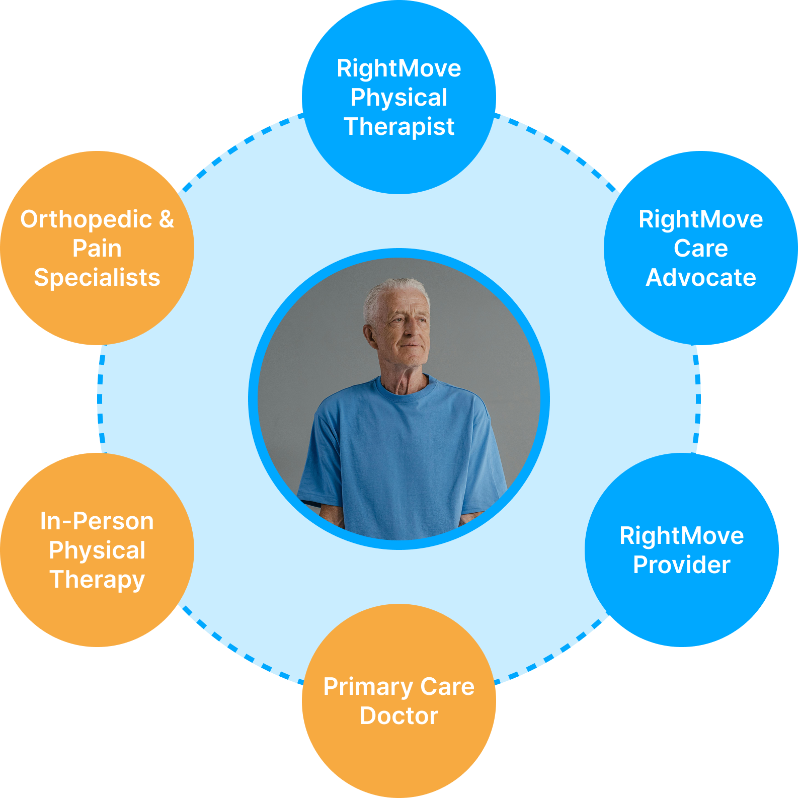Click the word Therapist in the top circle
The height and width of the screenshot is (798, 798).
[x=399, y=127]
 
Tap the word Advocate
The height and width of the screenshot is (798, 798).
[x=700, y=278]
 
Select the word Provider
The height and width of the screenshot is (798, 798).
[x=681, y=565]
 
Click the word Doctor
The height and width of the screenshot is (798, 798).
[x=399, y=716]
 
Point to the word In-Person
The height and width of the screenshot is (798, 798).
[x=97, y=521]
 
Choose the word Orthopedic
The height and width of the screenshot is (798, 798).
[x=86, y=220]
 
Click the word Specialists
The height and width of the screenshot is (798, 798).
[x=97, y=278]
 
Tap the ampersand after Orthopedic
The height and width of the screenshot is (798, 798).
[x=167, y=219]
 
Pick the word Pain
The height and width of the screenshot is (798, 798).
[x=97, y=249]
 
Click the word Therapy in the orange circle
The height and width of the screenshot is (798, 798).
[x=97, y=580]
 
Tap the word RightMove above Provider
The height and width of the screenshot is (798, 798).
[x=681, y=536]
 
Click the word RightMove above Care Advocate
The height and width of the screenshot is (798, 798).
[x=700, y=220]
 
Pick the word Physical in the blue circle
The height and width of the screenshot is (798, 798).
[x=399, y=98]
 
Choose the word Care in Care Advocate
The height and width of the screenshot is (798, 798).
[x=700, y=249]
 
